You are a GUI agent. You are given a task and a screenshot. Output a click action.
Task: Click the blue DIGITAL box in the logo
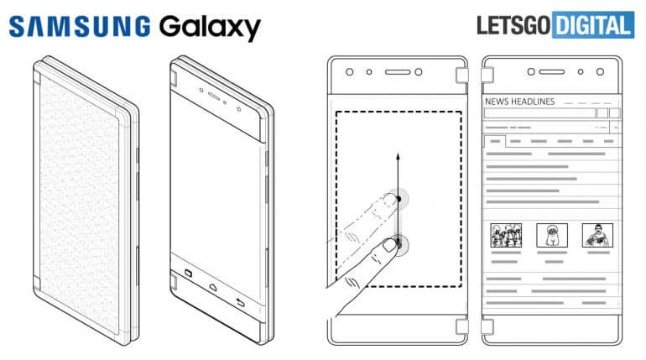[x=592, y=25]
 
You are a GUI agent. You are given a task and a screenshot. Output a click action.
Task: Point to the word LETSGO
[x=513, y=25]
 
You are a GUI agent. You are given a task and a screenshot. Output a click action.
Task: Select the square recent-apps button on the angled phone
[x=186, y=272]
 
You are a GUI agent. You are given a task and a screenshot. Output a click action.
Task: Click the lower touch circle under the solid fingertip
[x=400, y=245]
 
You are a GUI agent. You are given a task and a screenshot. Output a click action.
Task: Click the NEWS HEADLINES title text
[x=520, y=102]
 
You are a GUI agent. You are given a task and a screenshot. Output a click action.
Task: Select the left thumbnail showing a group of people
[x=506, y=234]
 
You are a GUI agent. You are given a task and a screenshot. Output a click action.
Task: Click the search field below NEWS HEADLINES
[x=539, y=112]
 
